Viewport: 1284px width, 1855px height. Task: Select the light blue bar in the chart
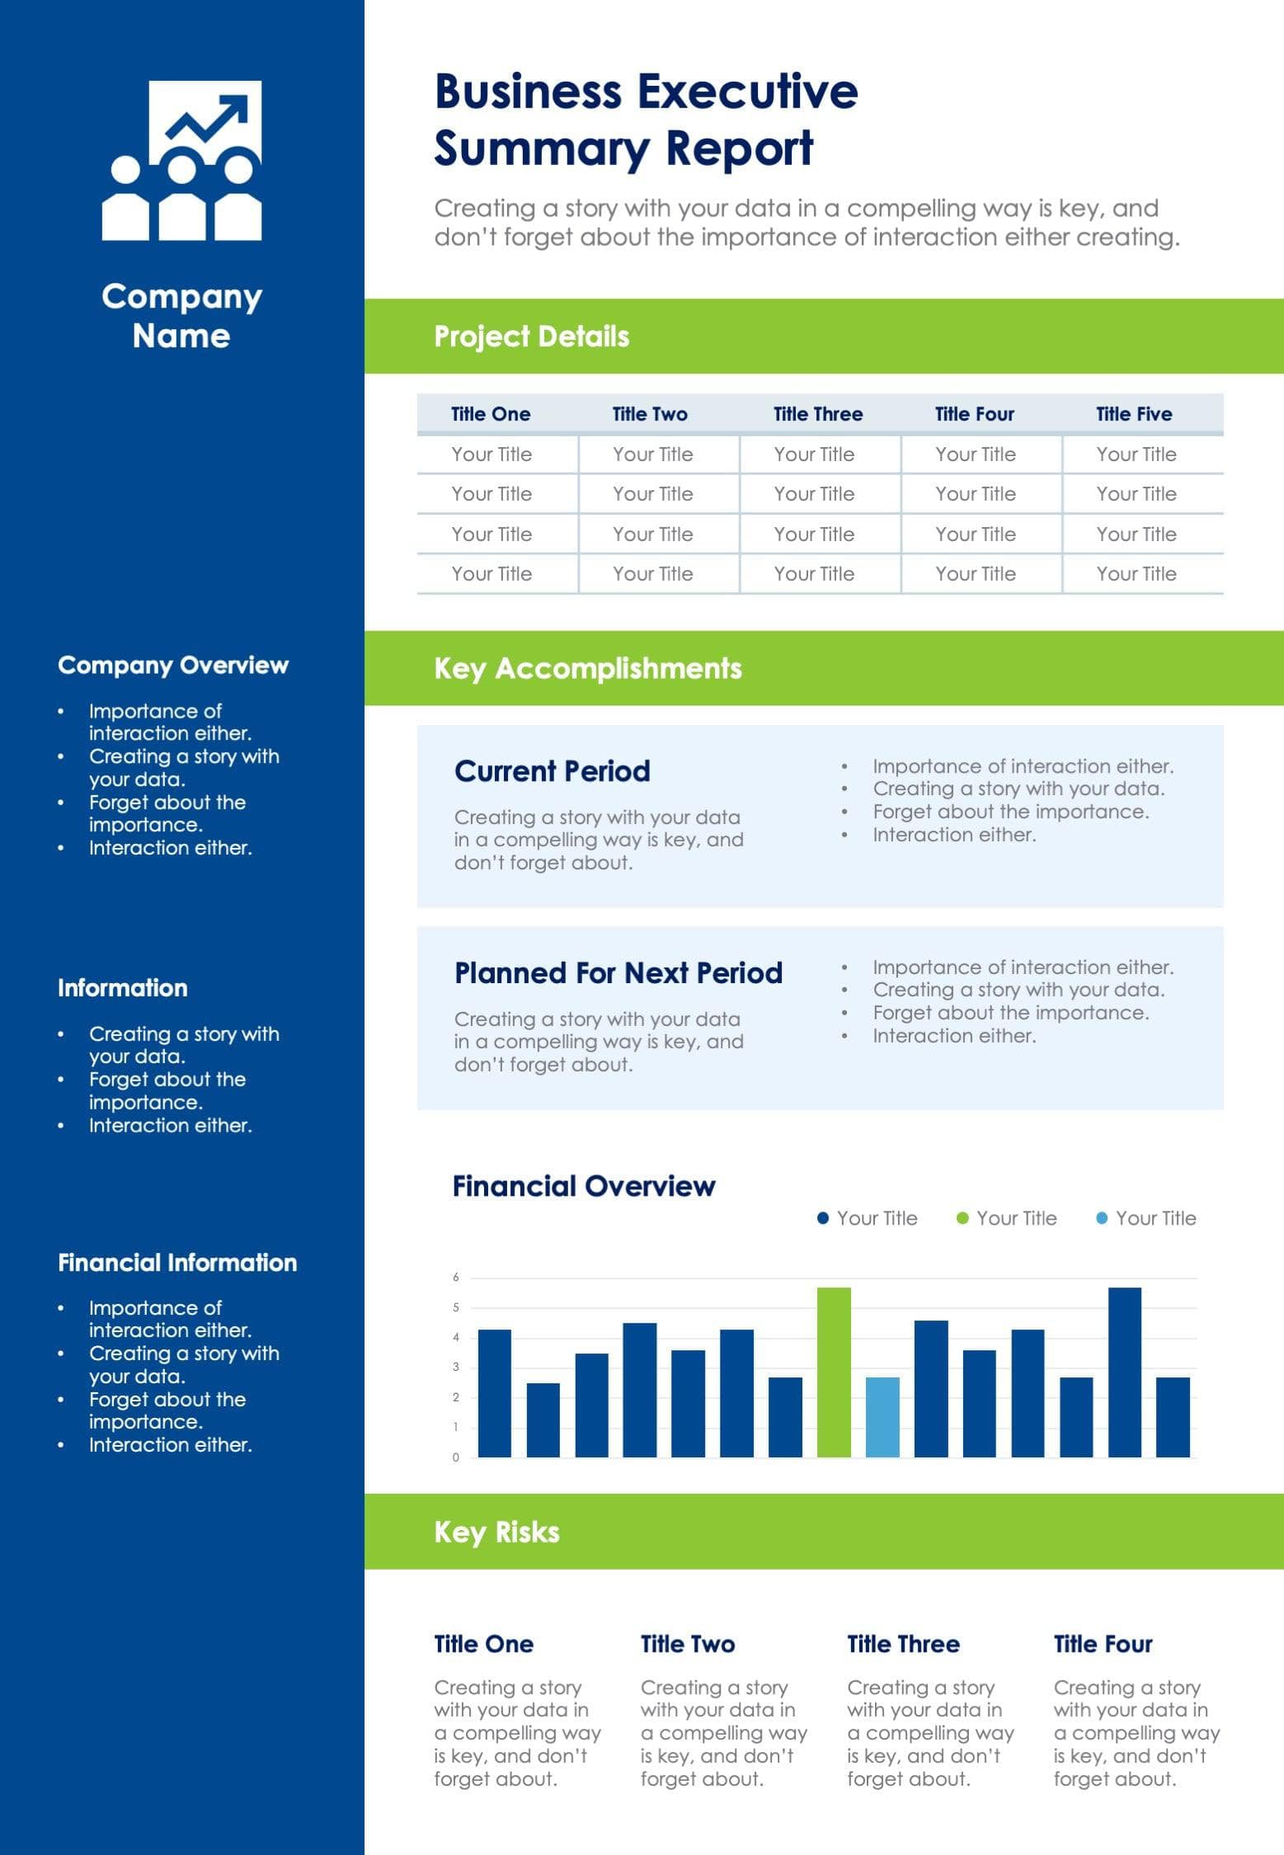(x=882, y=1416)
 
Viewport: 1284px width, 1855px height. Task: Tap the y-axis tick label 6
(x=455, y=1278)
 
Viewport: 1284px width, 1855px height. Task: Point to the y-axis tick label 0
(x=455, y=1457)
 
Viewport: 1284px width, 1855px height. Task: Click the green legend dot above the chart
(x=962, y=1218)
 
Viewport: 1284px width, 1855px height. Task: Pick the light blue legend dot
(x=1101, y=1218)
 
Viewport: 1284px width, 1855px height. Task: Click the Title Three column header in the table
(x=817, y=414)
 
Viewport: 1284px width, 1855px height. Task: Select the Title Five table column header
(x=1133, y=414)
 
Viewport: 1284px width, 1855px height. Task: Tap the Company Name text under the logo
(x=181, y=316)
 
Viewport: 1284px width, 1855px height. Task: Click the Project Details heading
(x=531, y=337)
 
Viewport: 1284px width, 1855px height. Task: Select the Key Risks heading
(x=496, y=1532)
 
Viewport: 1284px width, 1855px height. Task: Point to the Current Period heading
(x=552, y=771)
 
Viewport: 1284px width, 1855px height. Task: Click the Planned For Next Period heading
(x=618, y=973)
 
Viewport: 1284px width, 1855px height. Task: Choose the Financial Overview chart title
(x=583, y=1186)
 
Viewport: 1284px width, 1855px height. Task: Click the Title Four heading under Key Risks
(x=1103, y=1644)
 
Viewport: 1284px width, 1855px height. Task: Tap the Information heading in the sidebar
(x=122, y=988)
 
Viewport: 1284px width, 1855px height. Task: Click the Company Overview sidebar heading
(x=173, y=666)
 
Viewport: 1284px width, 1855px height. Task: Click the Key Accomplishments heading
(x=587, y=668)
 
